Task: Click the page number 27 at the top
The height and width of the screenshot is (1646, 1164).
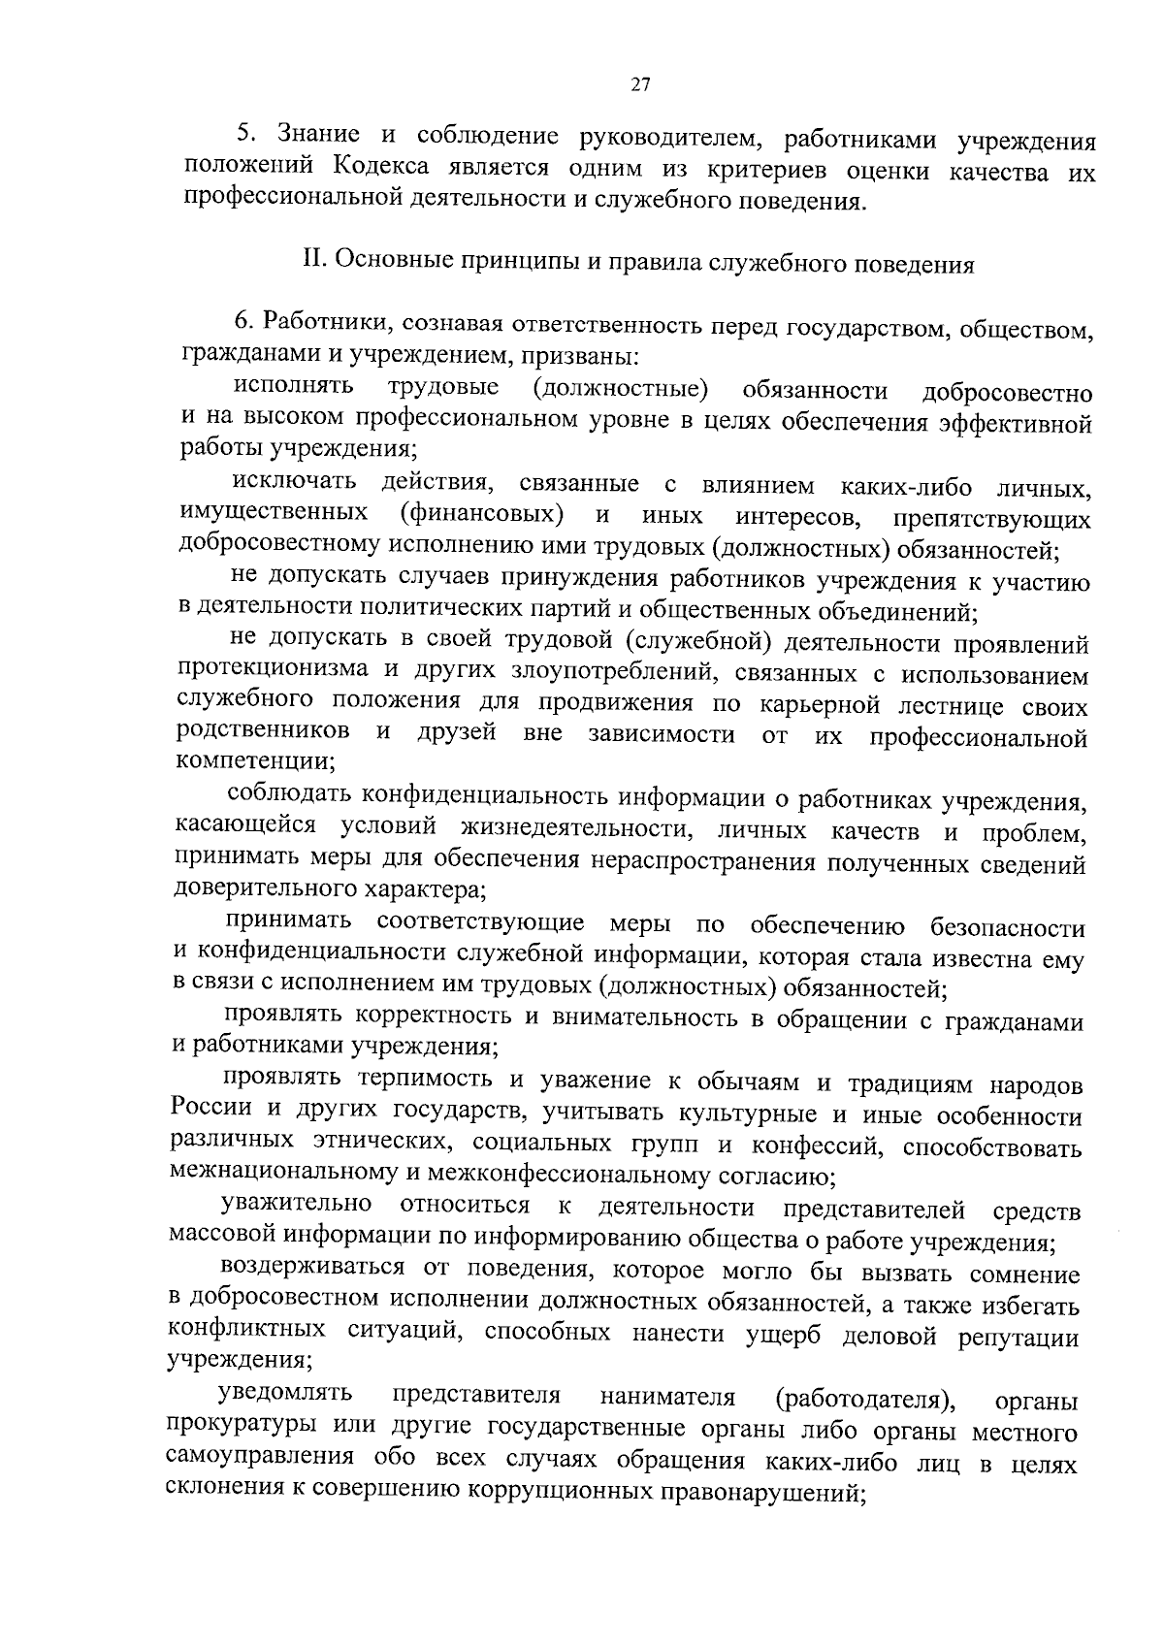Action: pyautogui.click(x=639, y=84)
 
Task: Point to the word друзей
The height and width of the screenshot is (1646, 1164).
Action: pyautogui.click(x=457, y=732)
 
